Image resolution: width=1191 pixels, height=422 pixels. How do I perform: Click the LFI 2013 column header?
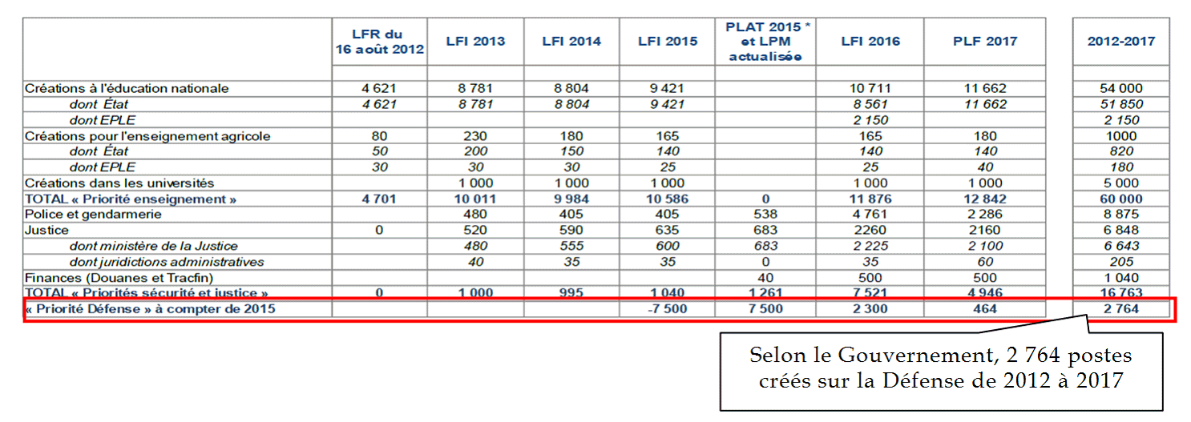point(475,41)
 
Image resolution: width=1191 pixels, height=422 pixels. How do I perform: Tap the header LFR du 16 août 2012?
point(379,41)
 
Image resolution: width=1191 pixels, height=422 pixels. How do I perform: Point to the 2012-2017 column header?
point(1121,41)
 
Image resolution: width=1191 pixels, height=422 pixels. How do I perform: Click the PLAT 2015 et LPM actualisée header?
point(768,41)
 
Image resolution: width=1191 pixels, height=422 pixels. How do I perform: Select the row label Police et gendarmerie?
point(93,214)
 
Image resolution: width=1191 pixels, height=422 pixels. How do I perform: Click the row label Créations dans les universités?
point(119,183)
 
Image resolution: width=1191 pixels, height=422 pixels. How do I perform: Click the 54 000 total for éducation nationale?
point(1121,88)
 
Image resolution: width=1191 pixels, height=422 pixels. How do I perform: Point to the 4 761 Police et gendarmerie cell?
point(870,214)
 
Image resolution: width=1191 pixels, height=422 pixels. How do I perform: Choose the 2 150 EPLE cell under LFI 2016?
point(870,119)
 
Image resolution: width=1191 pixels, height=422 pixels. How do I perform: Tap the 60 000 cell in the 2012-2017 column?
point(1121,199)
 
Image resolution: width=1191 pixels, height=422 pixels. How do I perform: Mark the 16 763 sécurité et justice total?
point(1121,293)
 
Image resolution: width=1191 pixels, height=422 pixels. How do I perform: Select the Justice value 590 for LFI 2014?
point(571,230)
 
